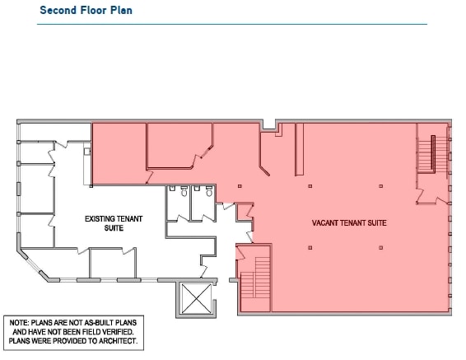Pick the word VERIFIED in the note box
[x=111, y=331]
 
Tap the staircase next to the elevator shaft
[x=254, y=280]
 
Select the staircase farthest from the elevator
[x=427, y=153]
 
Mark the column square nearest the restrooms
[x=240, y=186]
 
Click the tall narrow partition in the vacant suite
[x=298, y=149]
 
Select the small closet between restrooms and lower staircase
[x=244, y=213]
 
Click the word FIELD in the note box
[x=85, y=331]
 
